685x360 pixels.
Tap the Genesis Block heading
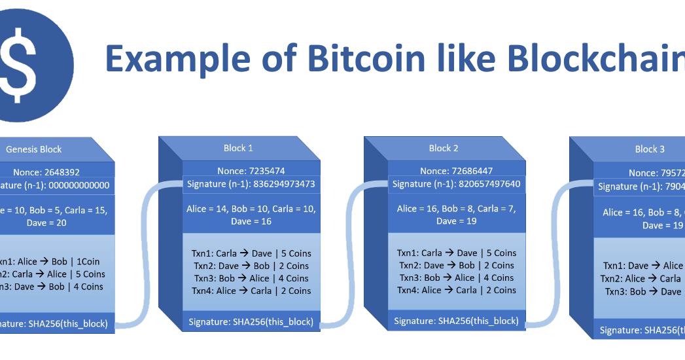point(33,149)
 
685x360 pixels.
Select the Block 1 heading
point(238,148)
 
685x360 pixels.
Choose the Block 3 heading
point(650,149)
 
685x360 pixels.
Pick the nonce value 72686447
point(474,171)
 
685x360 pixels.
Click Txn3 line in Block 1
point(251,278)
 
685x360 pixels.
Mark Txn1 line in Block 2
point(457,253)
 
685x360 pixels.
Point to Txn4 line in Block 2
point(457,290)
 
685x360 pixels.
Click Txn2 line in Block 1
point(251,266)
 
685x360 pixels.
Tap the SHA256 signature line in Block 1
point(251,321)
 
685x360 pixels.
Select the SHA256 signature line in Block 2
point(456,321)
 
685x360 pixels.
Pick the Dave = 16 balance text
point(251,221)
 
